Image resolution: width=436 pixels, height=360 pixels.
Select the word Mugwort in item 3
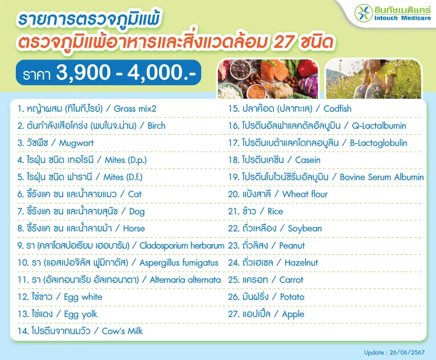(x=76, y=143)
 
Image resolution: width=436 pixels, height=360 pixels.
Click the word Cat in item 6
(x=135, y=194)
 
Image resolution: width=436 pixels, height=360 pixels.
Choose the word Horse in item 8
(x=134, y=229)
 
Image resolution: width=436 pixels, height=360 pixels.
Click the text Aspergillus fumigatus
(x=179, y=263)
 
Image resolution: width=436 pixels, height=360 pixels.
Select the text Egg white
(x=83, y=297)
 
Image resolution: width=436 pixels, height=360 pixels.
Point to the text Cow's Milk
(x=122, y=331)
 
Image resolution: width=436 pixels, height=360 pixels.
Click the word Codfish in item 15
(x=338, y=109)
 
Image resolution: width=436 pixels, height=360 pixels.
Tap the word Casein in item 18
(x=307, y=160)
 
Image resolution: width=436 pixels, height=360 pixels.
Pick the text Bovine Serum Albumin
(x=381, y=177)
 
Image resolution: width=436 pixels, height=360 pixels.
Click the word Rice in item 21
(x=276, y=211)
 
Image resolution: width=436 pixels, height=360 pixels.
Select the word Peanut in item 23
(x=292, y=245)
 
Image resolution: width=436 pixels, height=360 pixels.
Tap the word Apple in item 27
(x=293, y=314)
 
